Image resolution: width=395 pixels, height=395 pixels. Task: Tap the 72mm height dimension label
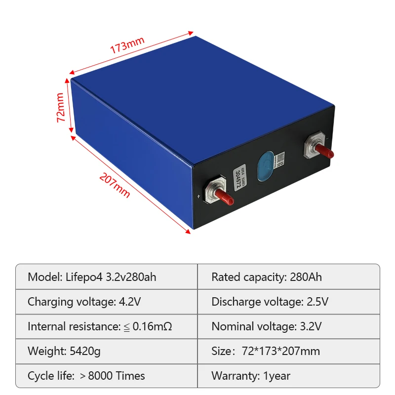tap(61, 107)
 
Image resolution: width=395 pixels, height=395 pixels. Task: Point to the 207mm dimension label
tap(115, 185)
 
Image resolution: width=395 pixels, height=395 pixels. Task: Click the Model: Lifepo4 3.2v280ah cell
tap(106, 276)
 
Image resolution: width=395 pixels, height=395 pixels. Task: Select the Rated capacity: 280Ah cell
tap(288, 276)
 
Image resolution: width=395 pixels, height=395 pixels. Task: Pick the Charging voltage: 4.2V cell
tap(106, 302)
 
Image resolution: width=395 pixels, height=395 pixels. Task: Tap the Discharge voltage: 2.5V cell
tap(288, 302)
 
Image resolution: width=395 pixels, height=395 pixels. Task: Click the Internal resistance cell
tap(106, 326)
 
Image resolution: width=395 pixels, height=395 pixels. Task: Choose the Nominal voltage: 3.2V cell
tap(288, 326)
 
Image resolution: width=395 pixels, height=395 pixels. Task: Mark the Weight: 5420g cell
tap(106, 351)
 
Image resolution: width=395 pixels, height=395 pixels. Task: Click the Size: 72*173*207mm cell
tap(288, 351)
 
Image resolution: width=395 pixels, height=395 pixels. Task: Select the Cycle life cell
tap(106, 376)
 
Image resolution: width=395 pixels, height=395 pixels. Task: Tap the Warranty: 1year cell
tap(288, 376)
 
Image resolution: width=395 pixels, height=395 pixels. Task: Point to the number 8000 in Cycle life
tap(101, 376)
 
